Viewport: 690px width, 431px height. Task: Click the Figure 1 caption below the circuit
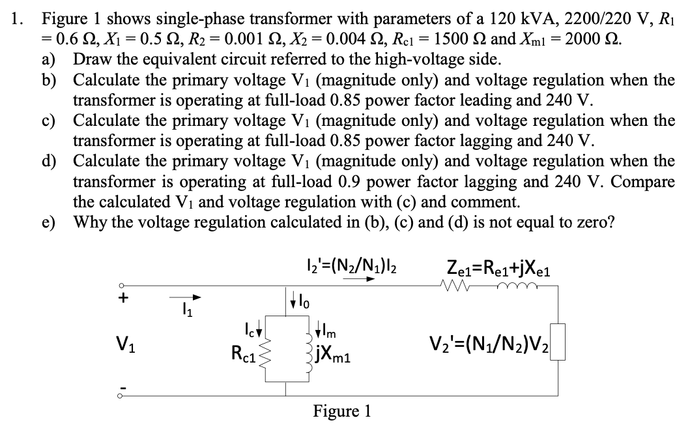coord(342,411)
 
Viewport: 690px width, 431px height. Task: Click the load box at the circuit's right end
coord(558,342)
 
